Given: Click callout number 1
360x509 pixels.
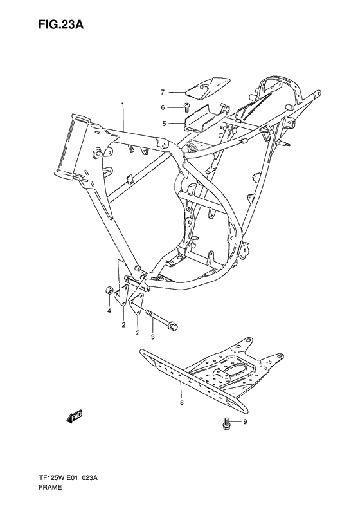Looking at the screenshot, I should click(122, 104).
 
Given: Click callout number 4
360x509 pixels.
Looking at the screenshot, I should click(109, 311).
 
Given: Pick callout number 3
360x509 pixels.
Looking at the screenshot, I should click(152, 337).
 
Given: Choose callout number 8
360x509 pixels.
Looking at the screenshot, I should click(182, 402).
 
